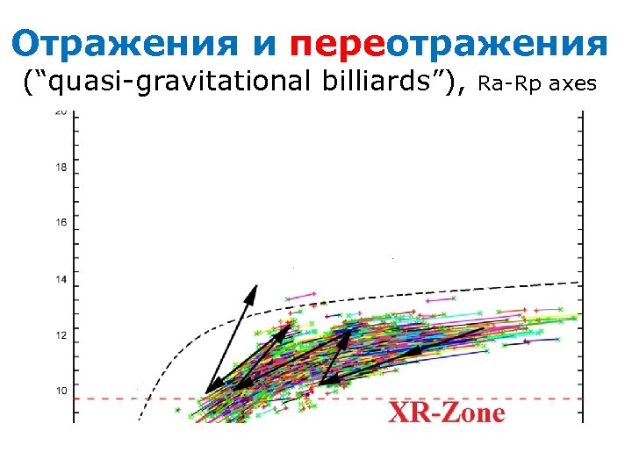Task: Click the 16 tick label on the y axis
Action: (61, 223)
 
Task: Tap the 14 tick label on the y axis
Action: (61, 280)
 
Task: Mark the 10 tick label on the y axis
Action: (61, 391)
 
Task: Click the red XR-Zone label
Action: (447, 413)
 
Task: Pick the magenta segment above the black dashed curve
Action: (301, 297)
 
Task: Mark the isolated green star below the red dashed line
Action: (177, 409)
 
